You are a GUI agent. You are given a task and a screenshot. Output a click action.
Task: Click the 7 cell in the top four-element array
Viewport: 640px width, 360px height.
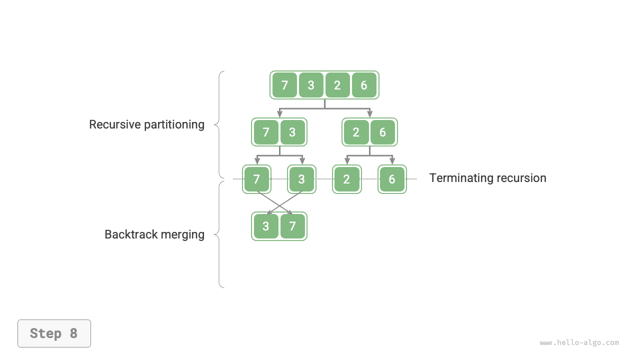click(x=284, y=85)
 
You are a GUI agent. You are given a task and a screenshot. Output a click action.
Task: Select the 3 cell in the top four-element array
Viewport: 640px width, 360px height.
click(x=311, y=85)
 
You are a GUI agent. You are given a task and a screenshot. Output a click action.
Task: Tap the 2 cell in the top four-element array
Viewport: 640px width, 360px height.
click(x=337, y=85)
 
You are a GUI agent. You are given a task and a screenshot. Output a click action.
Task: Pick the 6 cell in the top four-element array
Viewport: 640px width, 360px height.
click(x=364, y=85)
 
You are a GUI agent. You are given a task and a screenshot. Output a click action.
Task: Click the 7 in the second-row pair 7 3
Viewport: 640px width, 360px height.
click(x=266, y=132)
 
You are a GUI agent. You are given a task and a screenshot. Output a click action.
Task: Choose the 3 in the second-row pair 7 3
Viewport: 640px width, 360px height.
click(x=292, y=132)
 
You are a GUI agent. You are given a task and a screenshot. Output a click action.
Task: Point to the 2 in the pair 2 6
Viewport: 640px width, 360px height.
click(x=356, y=132)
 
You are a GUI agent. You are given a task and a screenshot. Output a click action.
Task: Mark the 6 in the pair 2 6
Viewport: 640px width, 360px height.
click(x=382, y=132)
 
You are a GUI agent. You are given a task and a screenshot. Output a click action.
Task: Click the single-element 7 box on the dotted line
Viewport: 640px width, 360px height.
click(x=256, y=179)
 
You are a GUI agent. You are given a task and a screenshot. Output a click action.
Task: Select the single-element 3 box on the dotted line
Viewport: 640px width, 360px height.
click(x=301, y=179)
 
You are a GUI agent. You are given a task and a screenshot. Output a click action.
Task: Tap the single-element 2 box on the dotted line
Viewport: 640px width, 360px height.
click(x=346, y=179)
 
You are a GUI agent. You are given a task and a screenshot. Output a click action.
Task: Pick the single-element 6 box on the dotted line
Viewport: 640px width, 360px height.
click(x=392, y=179)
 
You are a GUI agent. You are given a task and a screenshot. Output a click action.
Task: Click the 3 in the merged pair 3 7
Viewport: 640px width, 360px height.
click(x=266, y=226)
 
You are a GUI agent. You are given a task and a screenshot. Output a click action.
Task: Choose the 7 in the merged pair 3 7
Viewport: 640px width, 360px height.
click(x=292, y=226)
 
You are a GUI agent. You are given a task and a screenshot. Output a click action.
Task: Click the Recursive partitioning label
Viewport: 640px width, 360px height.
click(x=146, y=124)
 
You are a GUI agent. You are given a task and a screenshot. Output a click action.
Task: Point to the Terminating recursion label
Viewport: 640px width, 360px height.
click(x=487, y=178)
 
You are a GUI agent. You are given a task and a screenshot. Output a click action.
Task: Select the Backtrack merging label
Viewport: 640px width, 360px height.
click(x=154, y=234)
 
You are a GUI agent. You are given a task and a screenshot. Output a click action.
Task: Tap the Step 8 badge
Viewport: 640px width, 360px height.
click(x=54, y=333)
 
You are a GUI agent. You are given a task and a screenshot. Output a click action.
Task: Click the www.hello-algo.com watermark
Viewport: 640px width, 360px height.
click(x=579, y=342)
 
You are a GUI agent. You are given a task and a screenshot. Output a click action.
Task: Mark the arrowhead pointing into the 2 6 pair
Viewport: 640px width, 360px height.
click(x=370, y=114)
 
